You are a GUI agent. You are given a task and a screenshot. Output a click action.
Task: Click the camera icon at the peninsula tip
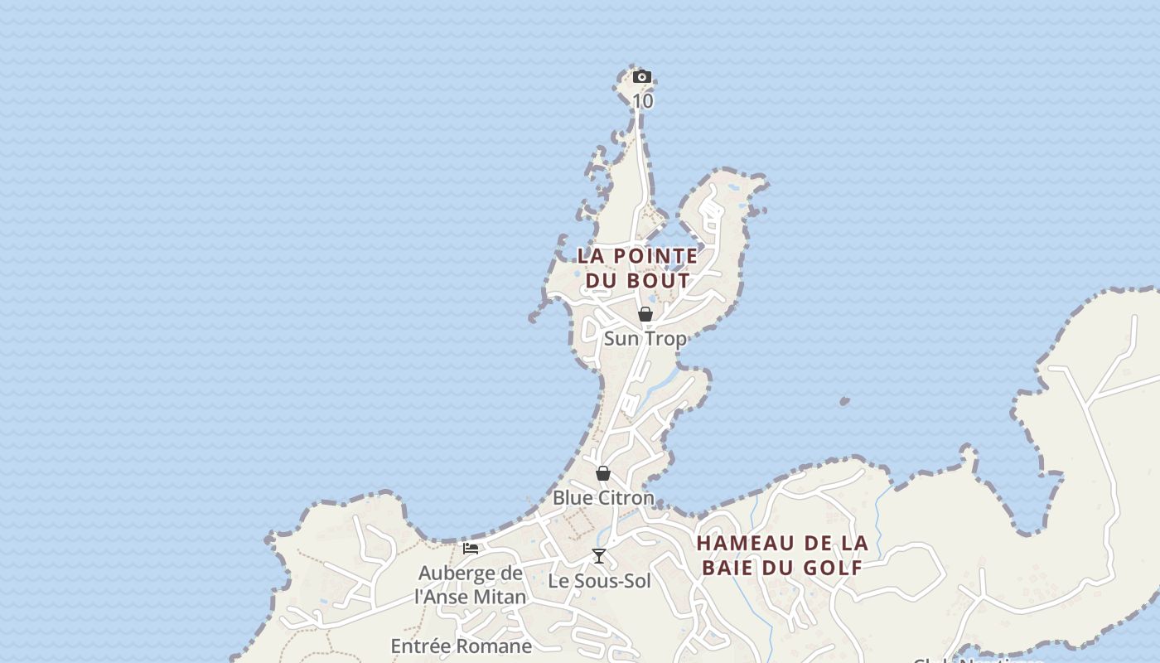click(641, 77)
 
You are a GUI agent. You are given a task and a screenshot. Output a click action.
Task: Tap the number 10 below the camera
click(643, 101)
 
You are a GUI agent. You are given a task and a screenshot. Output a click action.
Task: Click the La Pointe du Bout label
click(638, 269)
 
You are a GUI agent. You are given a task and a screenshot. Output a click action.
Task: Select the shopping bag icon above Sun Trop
click(645, 314)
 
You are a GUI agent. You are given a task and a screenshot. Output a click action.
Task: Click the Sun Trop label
click(645, 339)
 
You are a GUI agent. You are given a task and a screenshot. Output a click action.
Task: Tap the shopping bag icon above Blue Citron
click(603, 473)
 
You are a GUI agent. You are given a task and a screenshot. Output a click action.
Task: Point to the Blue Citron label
click(603, 498)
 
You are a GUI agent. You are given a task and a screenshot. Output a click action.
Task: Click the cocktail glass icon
click(599, 556)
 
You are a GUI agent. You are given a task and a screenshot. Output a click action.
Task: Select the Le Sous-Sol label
click(600, 581)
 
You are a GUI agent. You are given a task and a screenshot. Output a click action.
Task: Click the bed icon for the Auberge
click(471, 548)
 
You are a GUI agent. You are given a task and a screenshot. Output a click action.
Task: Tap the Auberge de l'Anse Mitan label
click(471, 585)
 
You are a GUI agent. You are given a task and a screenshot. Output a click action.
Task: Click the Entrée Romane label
click(461, 646)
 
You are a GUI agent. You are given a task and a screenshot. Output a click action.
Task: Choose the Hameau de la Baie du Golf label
click(782, 555)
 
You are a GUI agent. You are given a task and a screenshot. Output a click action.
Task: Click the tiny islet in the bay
click(844, 401)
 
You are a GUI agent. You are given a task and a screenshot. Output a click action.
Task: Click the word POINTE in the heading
click(658, 256)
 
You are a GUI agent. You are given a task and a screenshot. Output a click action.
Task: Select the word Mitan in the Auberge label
click(499, 597)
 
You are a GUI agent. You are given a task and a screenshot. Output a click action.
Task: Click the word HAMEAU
click(736, 544)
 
